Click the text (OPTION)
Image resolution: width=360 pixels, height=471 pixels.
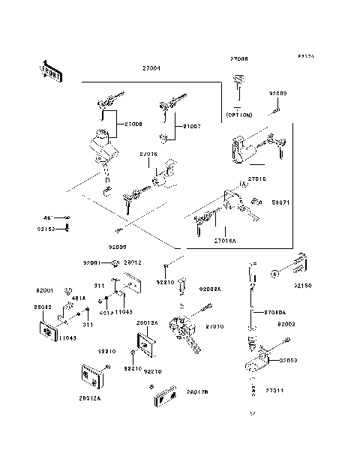pyautogui.click(x=239, y=115)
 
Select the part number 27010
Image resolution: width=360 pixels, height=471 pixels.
pyautogui.click(x=214, y=327)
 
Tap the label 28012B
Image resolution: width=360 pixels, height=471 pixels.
pyautogui.click(x=197, y=391)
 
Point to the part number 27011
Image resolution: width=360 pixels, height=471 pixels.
pyautogui.click(x=274, y=391)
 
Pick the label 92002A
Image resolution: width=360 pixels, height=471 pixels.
pyautogui.click(x=209, y=289)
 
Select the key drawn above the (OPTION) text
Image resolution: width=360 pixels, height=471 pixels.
pyautogui.click(x=239, y=82)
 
